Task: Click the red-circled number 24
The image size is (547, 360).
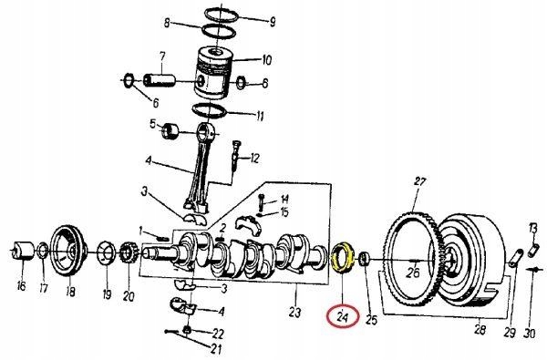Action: click(x=343, y=317)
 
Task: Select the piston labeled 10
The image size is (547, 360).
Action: click(x=213, y=73)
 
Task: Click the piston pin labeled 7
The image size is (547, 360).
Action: click(x=160, y=80)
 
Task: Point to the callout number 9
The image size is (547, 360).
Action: click(x=272, y=21)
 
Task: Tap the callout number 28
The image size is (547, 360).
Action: click(x=480, y=329)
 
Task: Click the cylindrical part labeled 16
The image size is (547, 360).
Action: click(x=23, y=250)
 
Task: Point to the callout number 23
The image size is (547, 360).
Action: click(x=294, y=312)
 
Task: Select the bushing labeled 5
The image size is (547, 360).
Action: click(x=170, y=131)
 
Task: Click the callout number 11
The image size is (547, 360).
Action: click(x=260, y=116)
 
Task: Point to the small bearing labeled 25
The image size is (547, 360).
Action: click(x=364, y=259)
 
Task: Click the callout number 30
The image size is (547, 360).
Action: click(x=529, y=334)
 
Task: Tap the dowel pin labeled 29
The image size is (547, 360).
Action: click(x=515, y=259)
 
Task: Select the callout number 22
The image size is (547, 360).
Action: click(x=218, y=334)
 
